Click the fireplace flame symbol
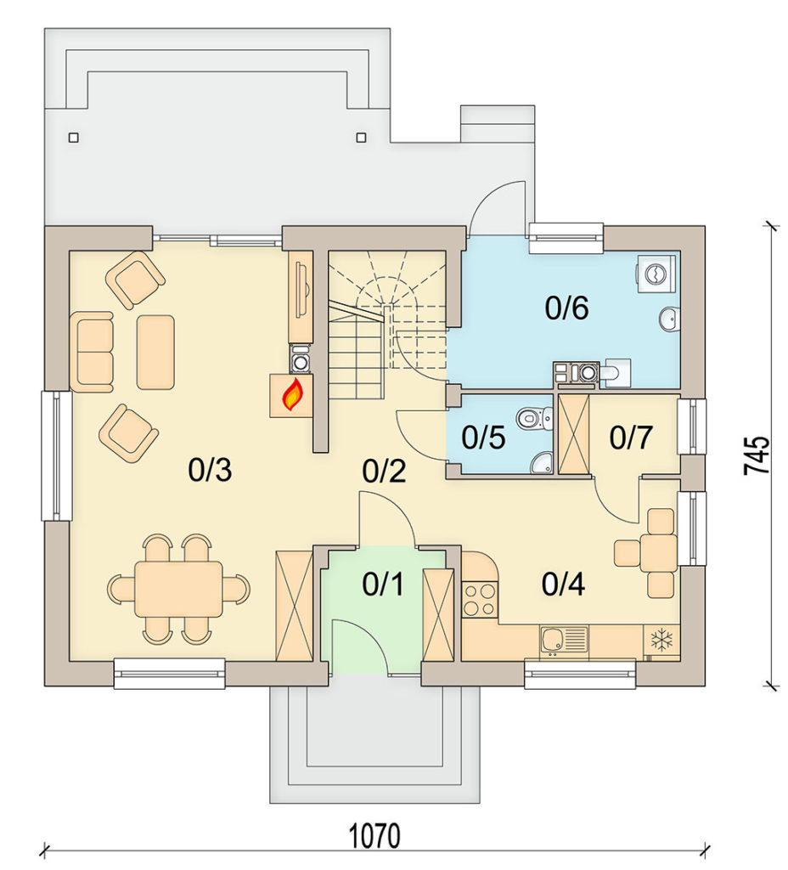[x=292, y=394]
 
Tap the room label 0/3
[x=210, y=470]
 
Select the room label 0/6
[x=566, y=308]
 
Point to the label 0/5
[x=483, y=438]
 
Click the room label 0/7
[x=631, y=438]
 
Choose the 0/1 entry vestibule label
[x=383, y=584]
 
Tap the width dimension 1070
[x=374, y=836]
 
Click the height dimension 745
[x=757, y=455]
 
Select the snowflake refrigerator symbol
[x=661, y=639]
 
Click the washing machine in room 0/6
[x=656, y=273]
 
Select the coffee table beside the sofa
[x=156, y=352]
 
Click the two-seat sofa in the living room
[x=92, y=352]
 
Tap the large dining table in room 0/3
[x=178, y=589]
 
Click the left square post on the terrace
[x=73, y=138]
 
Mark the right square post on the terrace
[x=361, y=137]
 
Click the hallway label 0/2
[x=384, y=472]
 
